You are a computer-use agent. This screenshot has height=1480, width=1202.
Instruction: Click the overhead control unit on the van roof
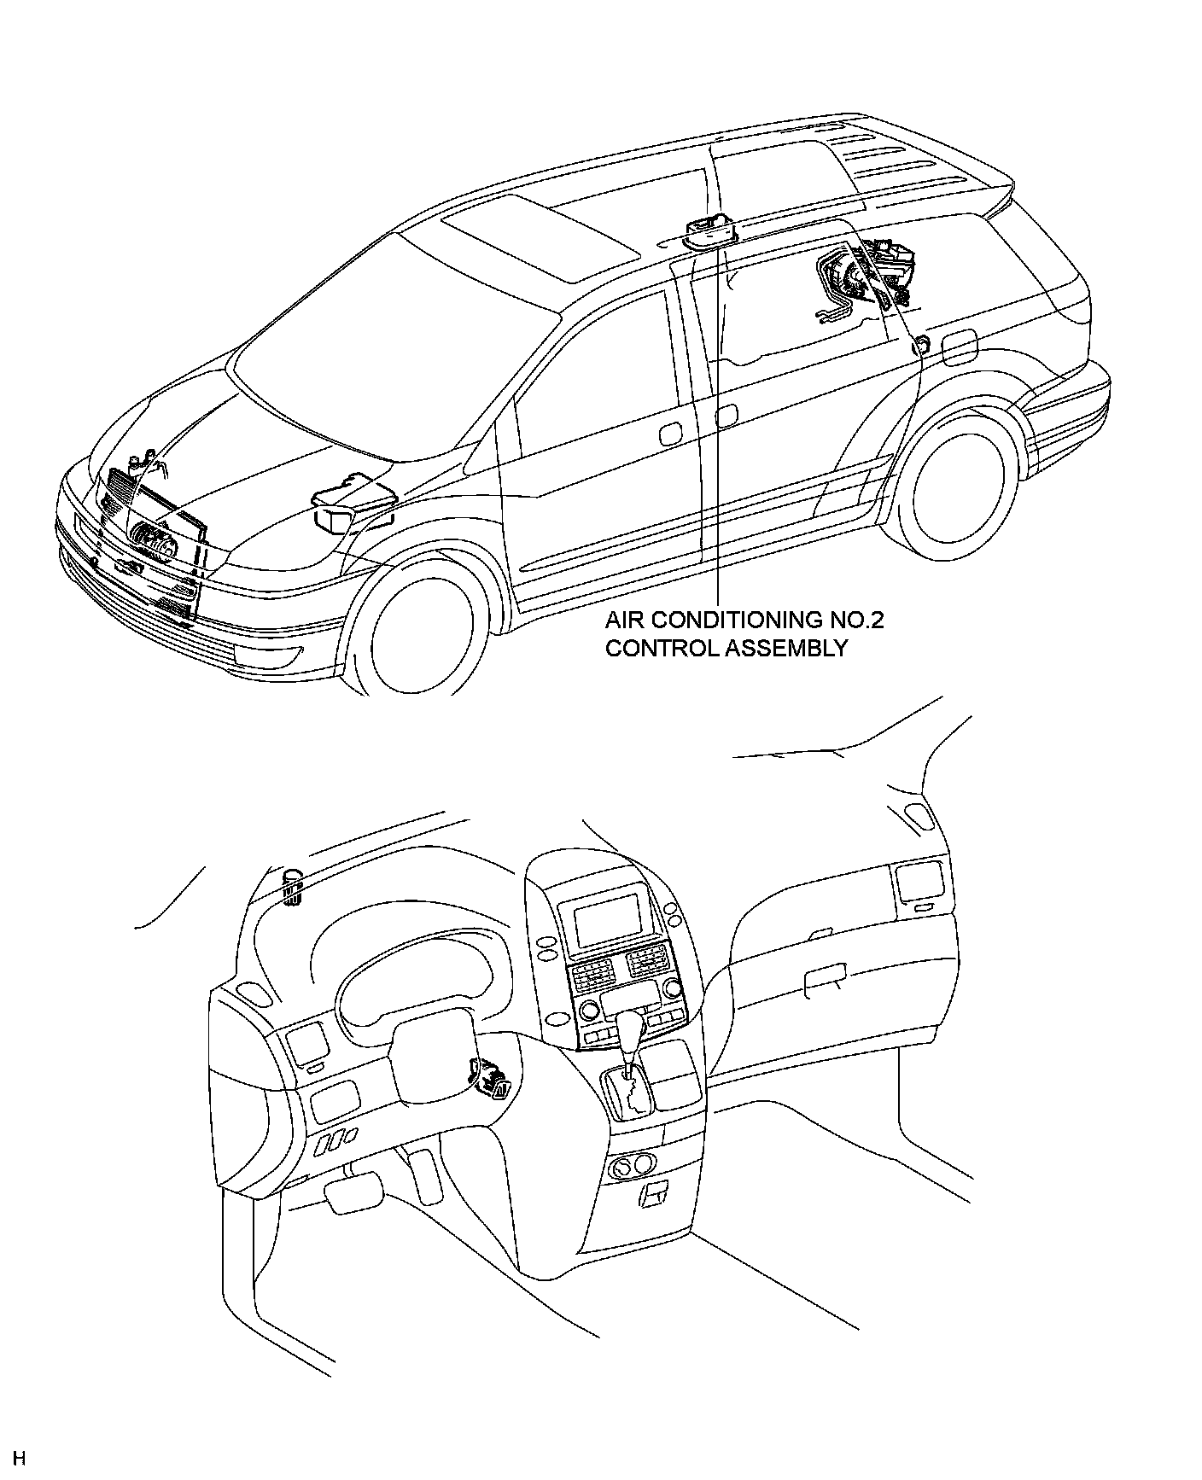coord(710,230)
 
